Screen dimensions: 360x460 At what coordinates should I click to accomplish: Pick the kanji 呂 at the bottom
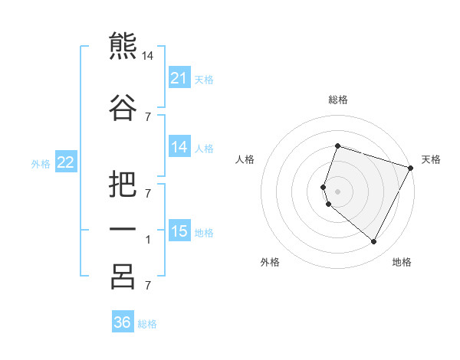123,277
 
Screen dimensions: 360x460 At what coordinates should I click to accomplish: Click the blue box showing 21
179,78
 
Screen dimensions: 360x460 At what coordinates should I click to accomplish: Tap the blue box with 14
179,147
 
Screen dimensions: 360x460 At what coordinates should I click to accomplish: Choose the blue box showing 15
179,231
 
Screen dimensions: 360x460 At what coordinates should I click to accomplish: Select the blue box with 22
66,162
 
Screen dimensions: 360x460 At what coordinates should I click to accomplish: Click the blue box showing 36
122,322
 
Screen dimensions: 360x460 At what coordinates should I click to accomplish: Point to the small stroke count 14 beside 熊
148,56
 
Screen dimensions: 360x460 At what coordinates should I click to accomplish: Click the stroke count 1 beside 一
148,240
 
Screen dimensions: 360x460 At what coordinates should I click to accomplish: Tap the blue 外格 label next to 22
40,163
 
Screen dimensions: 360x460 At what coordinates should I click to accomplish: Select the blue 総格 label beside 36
147,324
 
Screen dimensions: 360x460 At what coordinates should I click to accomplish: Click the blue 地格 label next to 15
204,232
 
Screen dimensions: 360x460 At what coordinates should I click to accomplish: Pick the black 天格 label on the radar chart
431,159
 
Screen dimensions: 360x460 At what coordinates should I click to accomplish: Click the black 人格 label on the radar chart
245,159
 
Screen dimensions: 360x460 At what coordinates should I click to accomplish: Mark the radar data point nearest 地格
373,242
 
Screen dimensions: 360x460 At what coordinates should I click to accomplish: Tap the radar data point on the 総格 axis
337,146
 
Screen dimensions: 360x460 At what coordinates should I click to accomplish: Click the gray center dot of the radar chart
337,191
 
